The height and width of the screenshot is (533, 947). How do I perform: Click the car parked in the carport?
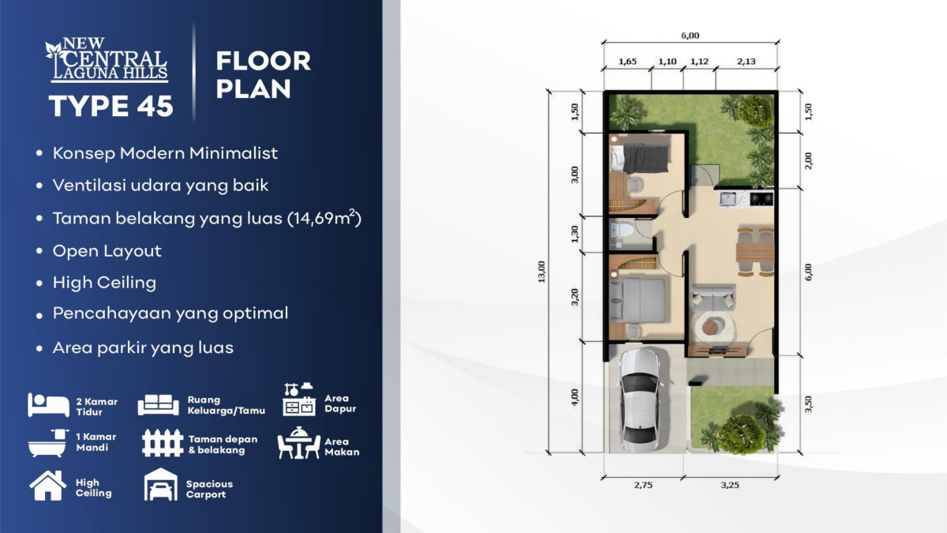click(x=640, y=400)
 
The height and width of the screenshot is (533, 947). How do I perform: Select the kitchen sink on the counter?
click(x=728, y=198)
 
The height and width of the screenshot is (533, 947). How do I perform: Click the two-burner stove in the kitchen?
click(x=762, y=198)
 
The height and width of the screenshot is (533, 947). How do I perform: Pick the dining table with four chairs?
click(x=755, y=252)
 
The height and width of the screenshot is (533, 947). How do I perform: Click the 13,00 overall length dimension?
click(x=541, y=272)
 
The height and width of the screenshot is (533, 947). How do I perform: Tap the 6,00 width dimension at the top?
click(x=690, y=36)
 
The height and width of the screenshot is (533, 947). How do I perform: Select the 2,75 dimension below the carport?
click(x=643, y=485)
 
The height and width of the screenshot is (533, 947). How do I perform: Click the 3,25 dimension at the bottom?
click(x=730, y=485)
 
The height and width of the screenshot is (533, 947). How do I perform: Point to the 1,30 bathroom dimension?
click(x=575, y=234)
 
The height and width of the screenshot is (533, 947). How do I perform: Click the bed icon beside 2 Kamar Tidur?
click(x=49, y=405)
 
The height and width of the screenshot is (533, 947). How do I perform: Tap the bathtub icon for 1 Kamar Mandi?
click(x=48, y=443)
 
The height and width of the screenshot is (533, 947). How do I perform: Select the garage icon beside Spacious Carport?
click(x=161, y=485)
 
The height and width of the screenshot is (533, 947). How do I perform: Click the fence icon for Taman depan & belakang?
click(x=163, y=443)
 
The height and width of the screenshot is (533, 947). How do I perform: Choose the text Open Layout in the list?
click(x=107, y=251)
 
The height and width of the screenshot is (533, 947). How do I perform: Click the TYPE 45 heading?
click(x=110, y=106)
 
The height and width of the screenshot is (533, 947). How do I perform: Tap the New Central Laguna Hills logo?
click(x=107, y=60)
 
